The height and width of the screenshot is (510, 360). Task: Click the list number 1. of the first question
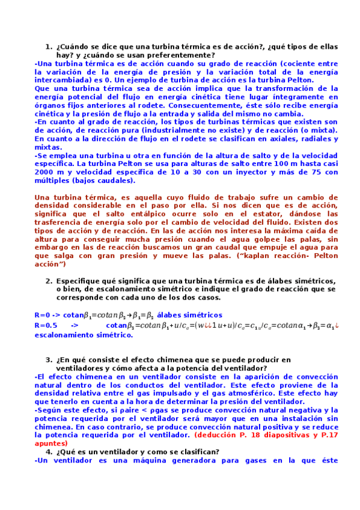[49, 46]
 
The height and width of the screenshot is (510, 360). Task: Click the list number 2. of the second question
[49, 281]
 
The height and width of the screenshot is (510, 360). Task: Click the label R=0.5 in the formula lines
[45, 326]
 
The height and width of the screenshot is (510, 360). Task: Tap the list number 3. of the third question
[49, 360]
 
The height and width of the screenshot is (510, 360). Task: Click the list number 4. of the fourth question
[49, 452]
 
